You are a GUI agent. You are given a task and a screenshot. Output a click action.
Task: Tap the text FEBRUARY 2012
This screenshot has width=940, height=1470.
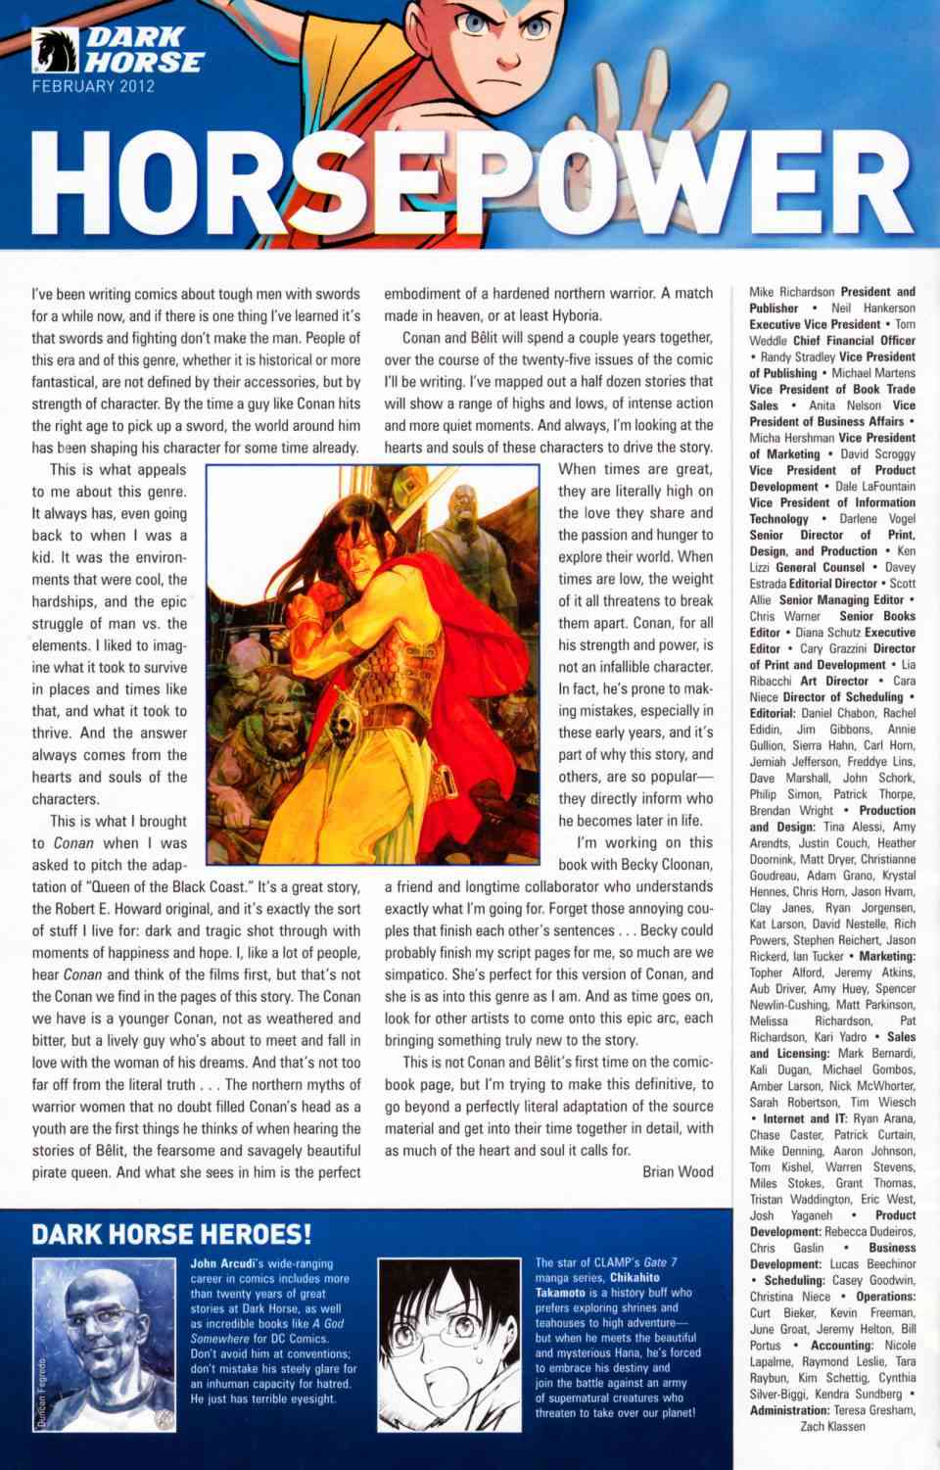[93, 86]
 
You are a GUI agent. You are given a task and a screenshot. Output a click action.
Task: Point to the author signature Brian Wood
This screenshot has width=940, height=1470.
[678, 1171]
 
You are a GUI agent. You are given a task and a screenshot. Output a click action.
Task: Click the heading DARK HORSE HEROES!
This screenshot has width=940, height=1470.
[172, 1234]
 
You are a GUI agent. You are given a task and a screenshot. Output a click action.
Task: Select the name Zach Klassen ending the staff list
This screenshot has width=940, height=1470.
[832, 1426]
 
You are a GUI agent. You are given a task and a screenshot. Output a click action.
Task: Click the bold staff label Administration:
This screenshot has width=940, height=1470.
[789, 1410]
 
